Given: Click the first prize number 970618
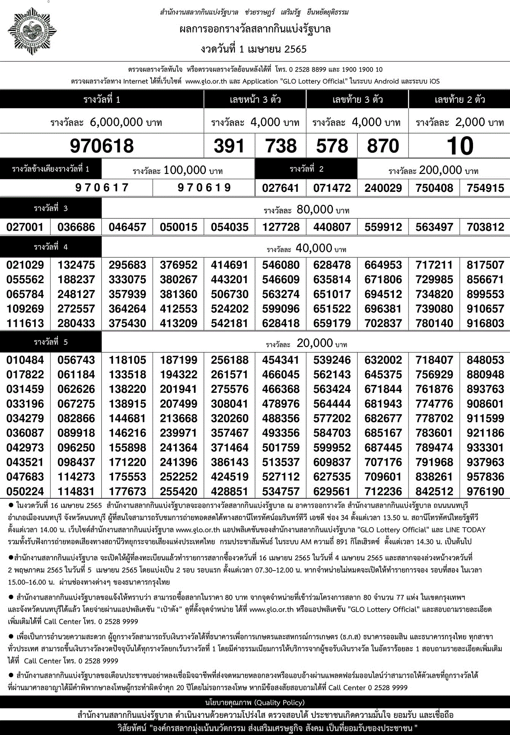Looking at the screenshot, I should tap(102, 146).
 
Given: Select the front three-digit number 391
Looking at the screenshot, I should tap(229, 146).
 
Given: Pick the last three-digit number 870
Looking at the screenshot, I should tap(383, 146).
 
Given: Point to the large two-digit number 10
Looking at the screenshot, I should tap(460, 146).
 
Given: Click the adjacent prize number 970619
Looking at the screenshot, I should tap(204, 188).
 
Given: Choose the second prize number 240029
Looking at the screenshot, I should tap(383, 188).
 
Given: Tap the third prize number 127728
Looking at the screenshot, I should tap(281, 227).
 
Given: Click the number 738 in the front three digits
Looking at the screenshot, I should tap(281, 146).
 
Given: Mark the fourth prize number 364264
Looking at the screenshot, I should tap(127, 309).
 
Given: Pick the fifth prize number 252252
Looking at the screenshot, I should tap(178, 477).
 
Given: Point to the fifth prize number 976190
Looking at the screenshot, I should tap(485, 491).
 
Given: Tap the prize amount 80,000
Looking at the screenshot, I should tap(315, 209).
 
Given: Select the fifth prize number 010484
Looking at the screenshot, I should tap(25, 360).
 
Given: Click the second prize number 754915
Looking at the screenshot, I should tap(485, 188).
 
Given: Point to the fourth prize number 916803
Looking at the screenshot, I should tap(485, 323).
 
